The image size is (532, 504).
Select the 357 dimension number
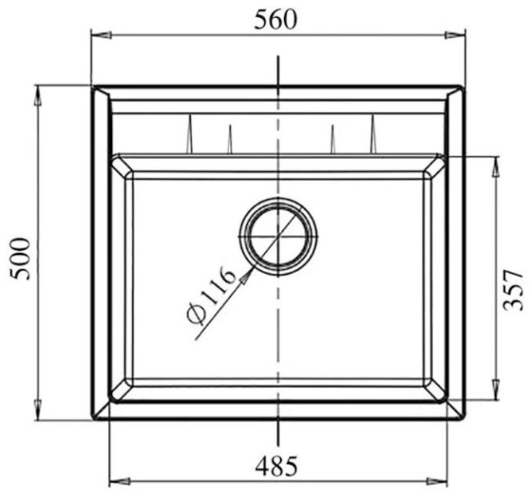pyautogui.click(x=512, y=289)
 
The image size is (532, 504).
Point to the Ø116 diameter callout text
pyautogui.click(x=211, y=296)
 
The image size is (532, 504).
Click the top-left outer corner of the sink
pyautogui.click(x=93, y=86)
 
